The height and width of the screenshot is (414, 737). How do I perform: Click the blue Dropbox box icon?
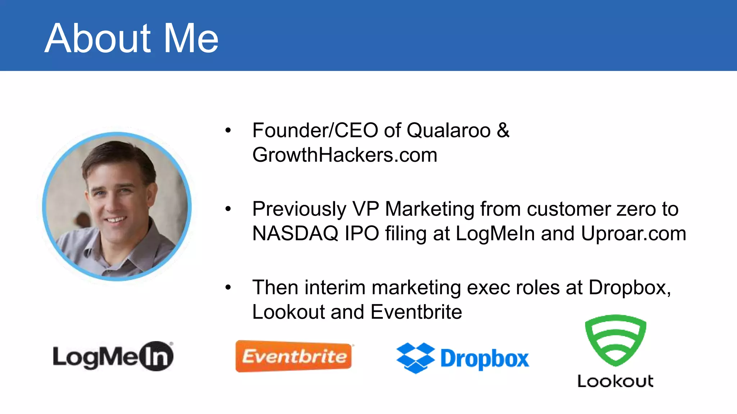[x=415, y=358]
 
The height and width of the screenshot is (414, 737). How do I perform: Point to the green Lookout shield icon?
[x=615, y=340]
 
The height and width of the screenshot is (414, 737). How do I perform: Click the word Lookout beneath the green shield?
[x=615, y=381]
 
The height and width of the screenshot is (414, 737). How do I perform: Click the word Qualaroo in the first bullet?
[x=448, y=130]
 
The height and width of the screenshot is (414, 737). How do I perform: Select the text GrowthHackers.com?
[x=345, y=155]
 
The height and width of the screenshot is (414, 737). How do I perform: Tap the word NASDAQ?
[x=295, y=233]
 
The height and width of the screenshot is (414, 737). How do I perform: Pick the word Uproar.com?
[x=633, y=233]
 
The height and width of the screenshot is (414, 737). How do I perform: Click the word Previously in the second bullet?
[x=299, y=209]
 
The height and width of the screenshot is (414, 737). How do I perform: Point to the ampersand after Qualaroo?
[x=503, y=130]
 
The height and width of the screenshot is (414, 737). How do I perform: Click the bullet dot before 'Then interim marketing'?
[x=228, y=287]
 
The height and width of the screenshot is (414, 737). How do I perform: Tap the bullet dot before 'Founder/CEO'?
[x=228, y=130]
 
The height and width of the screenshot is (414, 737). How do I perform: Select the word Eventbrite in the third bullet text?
[x=416, y=312]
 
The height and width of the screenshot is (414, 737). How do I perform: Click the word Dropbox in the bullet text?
[x=629, y=287]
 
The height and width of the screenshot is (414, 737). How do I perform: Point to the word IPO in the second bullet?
[x=362, y=233]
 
